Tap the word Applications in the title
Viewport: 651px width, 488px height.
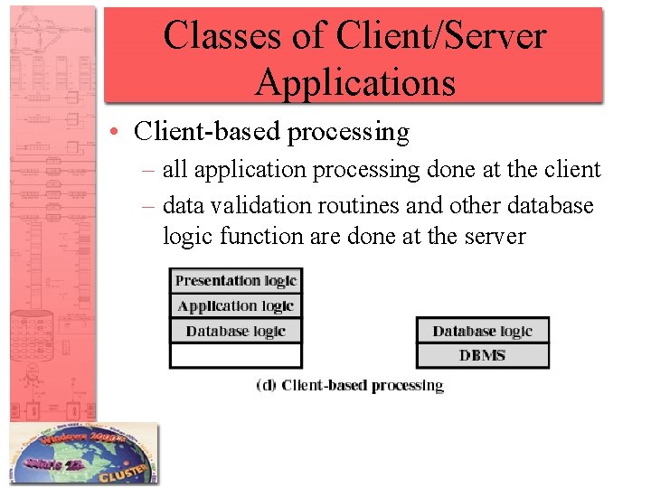coord(354,82)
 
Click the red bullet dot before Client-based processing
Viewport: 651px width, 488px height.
coord(118,133)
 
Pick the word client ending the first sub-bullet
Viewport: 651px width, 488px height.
coord(571,170)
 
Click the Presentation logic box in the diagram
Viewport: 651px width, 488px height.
coord(236,280)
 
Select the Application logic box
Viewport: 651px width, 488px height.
coord(236,305)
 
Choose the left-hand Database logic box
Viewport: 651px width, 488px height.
coord(236,331)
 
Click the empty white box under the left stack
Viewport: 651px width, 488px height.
coord(236,356)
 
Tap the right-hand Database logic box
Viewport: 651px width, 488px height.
coord(483,331)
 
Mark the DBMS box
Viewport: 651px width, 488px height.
coord(483,355)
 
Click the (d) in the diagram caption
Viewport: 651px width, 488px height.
coord(267,385)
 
